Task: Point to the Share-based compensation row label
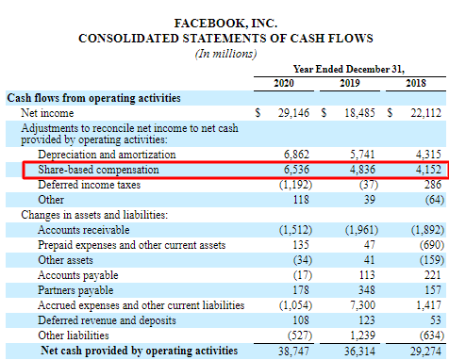click(x=98, y=169)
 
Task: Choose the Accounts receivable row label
click(x=85, y=228)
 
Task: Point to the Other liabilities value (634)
click(x=419, y=335)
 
